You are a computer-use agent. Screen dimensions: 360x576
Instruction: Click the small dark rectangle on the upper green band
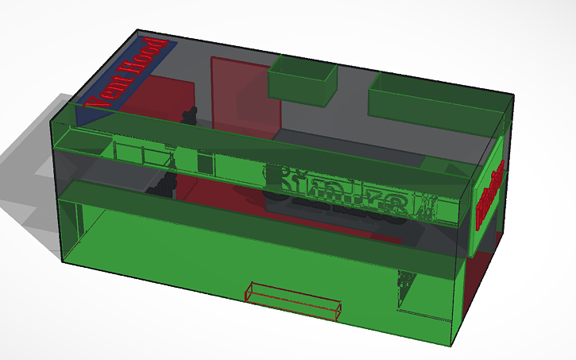[204, 164]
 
